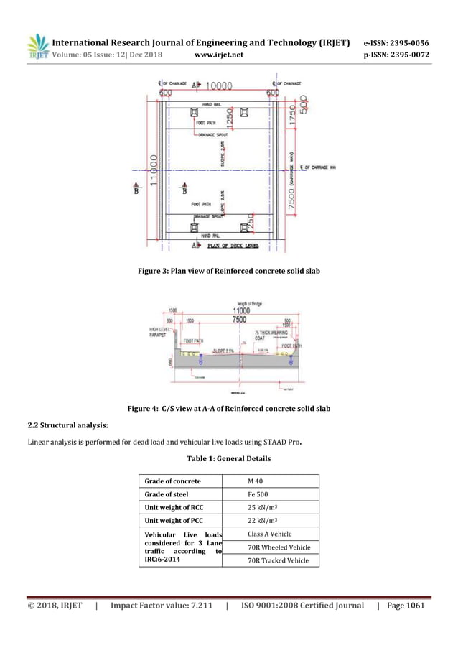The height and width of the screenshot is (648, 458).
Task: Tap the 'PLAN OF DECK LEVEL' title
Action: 235,246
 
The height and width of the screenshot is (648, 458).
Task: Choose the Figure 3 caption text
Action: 228,271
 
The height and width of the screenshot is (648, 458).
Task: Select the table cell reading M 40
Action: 257,481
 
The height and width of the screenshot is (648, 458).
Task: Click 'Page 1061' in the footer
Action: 406,606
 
